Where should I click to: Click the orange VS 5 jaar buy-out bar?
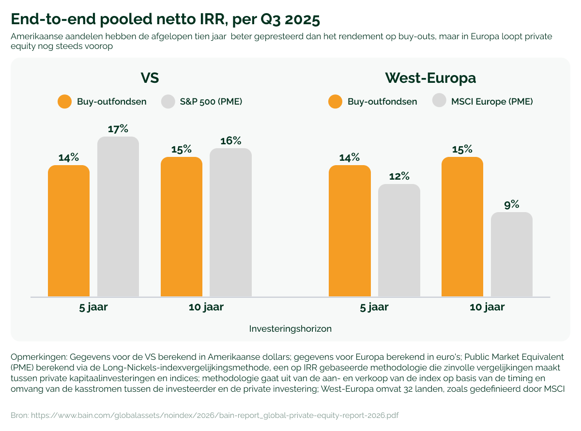[69, 231]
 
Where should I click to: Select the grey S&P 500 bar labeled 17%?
[118, 216]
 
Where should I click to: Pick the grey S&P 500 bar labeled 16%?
[230, 222]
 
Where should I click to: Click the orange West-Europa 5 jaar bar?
[350, 231]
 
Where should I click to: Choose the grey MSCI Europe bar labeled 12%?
[399, 240]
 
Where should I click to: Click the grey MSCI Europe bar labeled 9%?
[512, 254]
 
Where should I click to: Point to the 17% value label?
[118, 129]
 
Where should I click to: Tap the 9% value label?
[512, 204]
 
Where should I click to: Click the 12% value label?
[399, 176]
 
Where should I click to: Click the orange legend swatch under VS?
[64, 102]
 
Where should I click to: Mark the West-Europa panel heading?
[430, 78]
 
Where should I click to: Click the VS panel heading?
[150, 78]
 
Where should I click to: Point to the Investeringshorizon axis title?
[290, 329]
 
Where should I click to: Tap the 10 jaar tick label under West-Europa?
[487, 307]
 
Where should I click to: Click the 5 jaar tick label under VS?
[93, 307]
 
